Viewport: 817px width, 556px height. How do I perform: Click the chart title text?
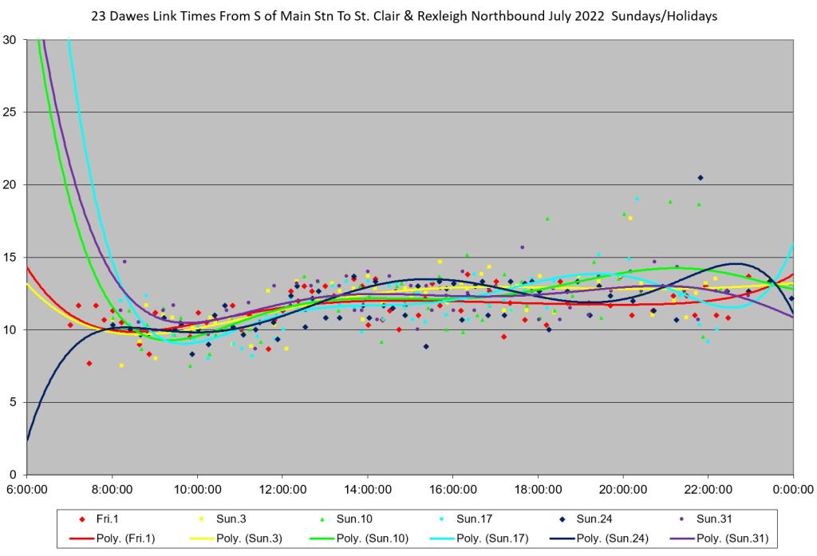pos(408,17)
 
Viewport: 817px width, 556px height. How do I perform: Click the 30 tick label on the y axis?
pos(15,40)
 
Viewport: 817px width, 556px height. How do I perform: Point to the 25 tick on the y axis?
pos(15,112)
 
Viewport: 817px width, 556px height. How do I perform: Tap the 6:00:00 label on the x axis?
pos(27,488)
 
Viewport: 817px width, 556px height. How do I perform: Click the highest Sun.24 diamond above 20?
pos(700,177)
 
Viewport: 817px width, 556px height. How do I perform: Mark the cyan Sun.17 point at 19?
pos(637,199)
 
